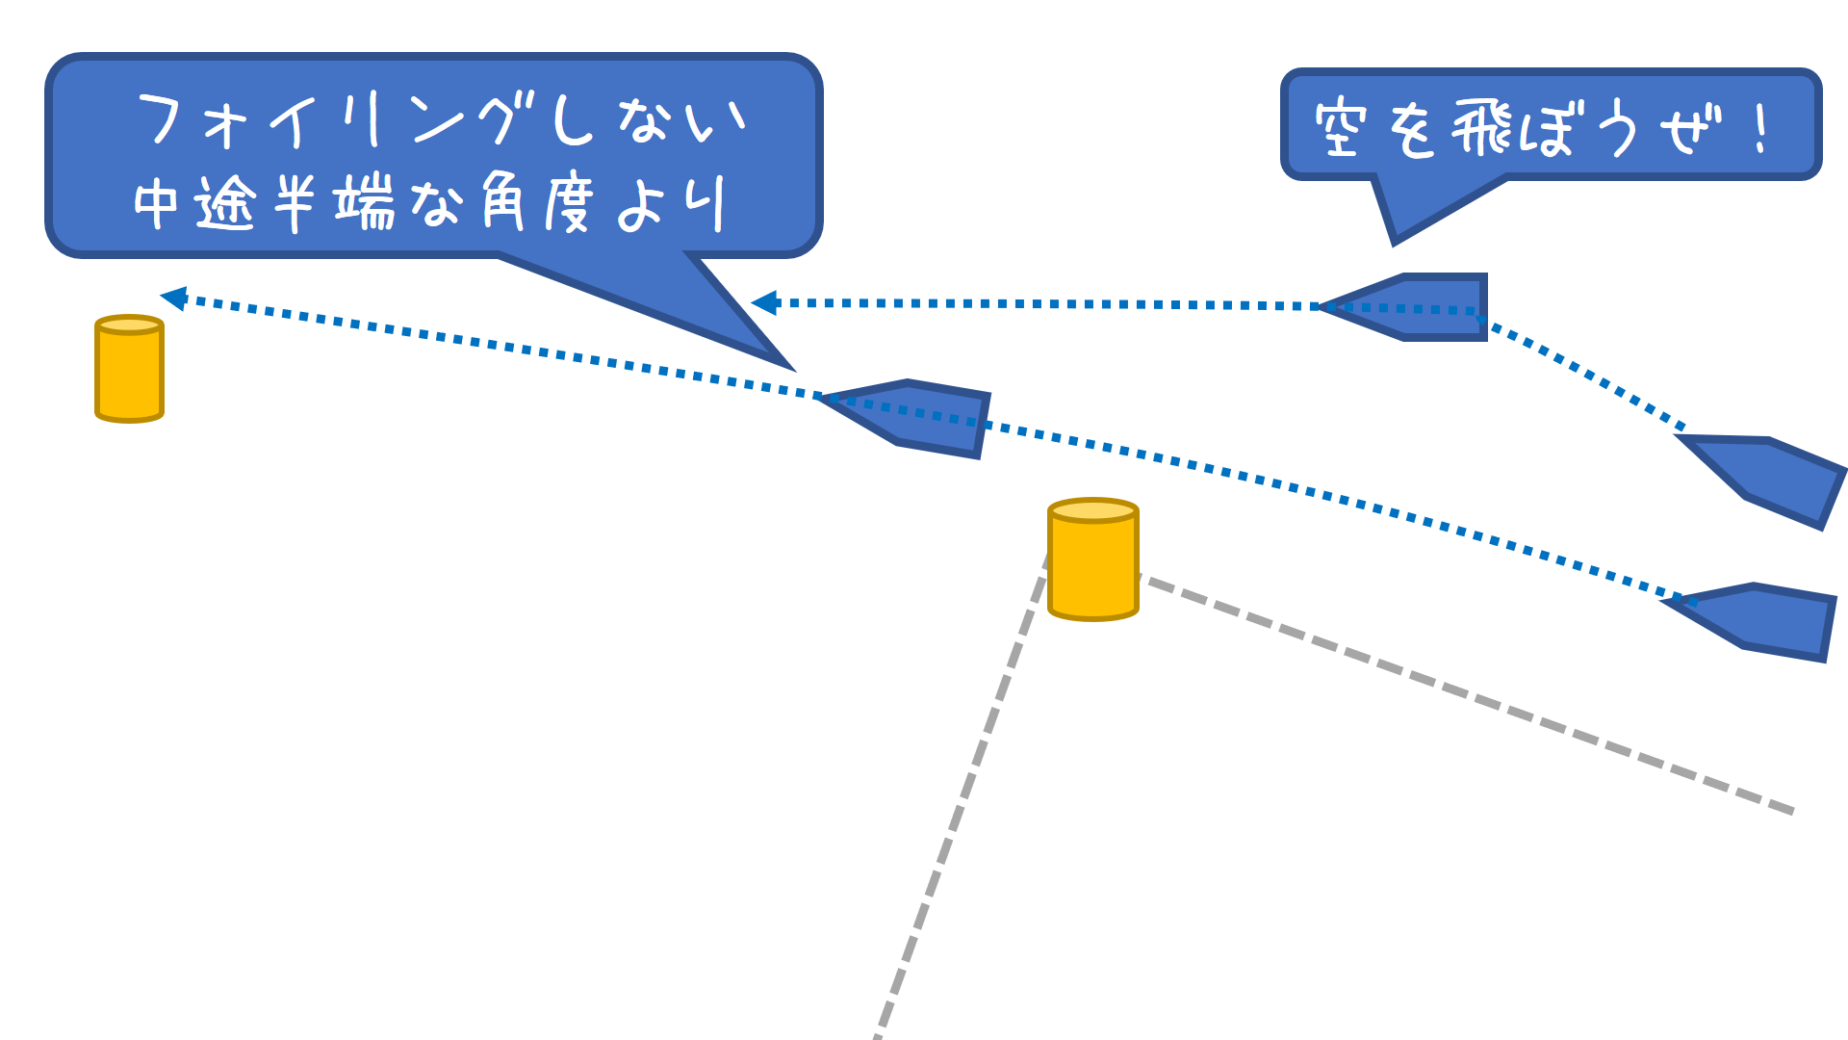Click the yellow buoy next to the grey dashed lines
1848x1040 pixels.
pos(1092,560)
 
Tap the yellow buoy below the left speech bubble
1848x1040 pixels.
pos(129,369)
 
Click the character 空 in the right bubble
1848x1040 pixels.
pos(1341,128)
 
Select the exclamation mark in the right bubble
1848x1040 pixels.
pos(1760,128)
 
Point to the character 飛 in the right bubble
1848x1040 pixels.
pos(1482,128)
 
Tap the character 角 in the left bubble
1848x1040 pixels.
pos(502,201)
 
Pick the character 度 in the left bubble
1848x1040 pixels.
pos(567,203)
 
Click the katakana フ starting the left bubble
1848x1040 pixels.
pos(161,119)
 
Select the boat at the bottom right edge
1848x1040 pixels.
pos(1761,621)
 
